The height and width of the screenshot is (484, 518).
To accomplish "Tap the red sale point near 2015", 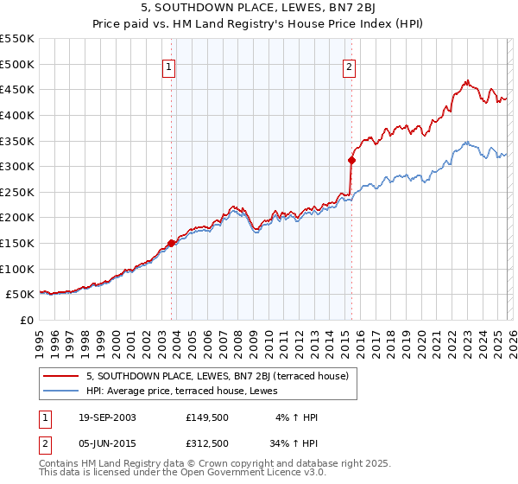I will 351,160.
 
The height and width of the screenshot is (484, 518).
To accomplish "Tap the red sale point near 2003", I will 171,244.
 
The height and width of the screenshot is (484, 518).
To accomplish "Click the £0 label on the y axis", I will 26,320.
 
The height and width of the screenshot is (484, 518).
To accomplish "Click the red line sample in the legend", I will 62,377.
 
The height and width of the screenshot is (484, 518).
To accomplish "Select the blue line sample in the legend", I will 62,392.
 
